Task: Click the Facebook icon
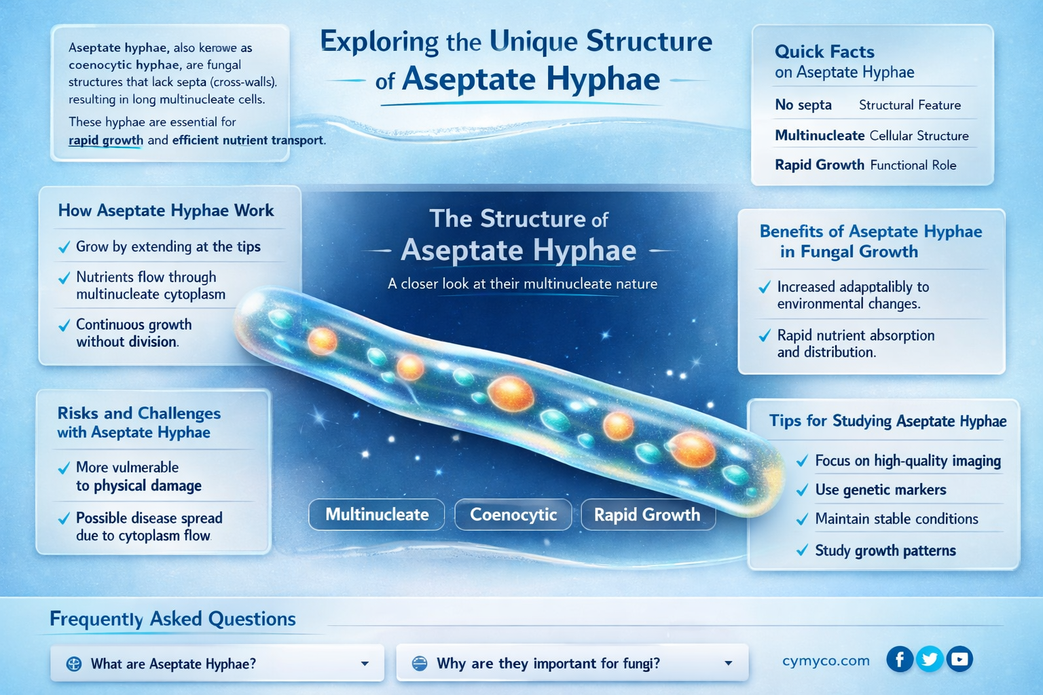click(900, 659)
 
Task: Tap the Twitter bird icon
click(930, 659)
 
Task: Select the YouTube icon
click(959, 659)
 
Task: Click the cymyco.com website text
click(826, 660)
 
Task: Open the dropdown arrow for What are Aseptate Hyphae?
click(365, 664)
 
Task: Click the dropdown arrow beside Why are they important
click(728, 663)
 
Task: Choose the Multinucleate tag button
click(377, 514)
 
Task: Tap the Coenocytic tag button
click(513, 514)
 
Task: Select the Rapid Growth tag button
click(647, 514)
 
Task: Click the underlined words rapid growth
click(106, 140)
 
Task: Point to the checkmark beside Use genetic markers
click(802, 490)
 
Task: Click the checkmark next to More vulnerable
click(64, 468)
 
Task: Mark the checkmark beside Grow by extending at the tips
click(64, 248)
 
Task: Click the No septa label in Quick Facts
click(803, 105)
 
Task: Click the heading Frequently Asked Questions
click(172, 619)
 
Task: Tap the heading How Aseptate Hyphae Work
click(166, 210)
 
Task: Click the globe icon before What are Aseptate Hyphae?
click(74, 664)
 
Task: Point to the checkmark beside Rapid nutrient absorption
click(765, 336)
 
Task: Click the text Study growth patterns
click(885, 550)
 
